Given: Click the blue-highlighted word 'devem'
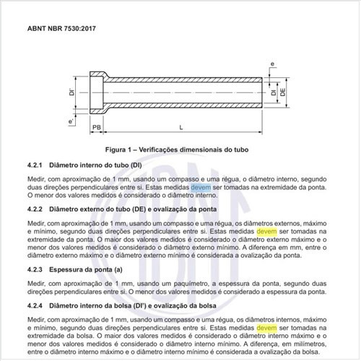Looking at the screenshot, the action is [201, 186].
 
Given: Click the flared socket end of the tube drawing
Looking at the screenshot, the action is [98, 92].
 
